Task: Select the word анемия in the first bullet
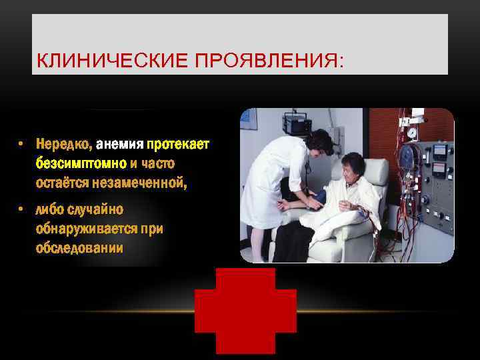click(120, 144)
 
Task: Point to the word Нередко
click(65, 144)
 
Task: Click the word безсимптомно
click(81, 163)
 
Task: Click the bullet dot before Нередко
click(22, 144)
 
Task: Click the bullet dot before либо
click(22, 210)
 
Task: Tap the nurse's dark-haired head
click(319, 141)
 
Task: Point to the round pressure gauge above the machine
click(412, 133)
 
